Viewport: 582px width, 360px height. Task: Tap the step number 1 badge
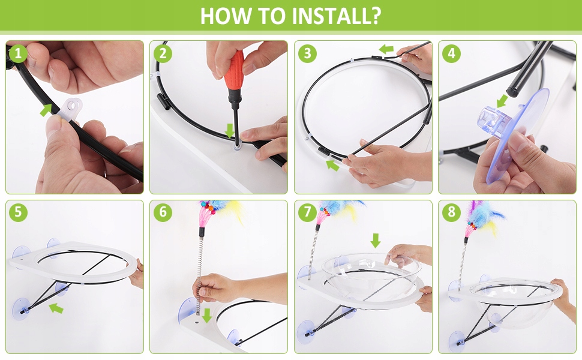[x=18, y=53]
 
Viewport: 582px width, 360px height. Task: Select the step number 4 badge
[x=451, y=53]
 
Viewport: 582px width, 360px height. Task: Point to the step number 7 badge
[x=307, y=212]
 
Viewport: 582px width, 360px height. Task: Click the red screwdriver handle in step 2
[x=234, y=71]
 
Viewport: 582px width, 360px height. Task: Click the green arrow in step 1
[x=46, y=110]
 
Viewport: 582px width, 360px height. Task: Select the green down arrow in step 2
[x=230, y=130]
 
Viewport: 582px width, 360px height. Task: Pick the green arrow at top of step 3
[x=386, y=49]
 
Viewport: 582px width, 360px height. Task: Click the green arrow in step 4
[x=502, y=101]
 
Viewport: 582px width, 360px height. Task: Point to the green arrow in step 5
[x=56, y=308]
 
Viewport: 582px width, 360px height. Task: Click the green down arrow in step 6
[x=207, y=316]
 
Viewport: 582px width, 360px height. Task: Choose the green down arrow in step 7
[x=376, y=241]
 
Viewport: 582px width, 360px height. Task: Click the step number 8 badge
[x=451, y=212]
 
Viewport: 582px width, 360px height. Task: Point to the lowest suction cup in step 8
[x=458, y=340]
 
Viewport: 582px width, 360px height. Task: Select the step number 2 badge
[x=163, y=53]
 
